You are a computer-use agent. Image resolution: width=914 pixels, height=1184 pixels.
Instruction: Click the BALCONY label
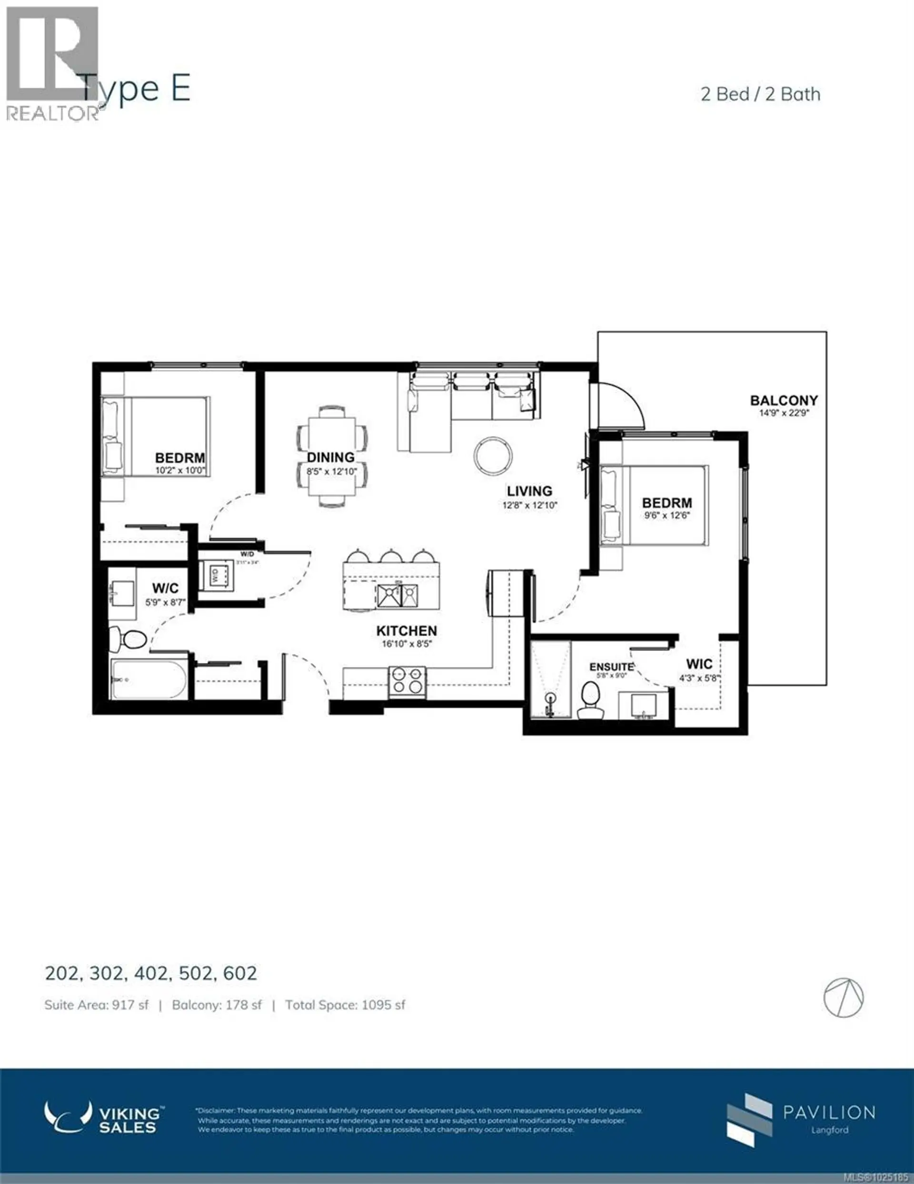(x=784, y=401)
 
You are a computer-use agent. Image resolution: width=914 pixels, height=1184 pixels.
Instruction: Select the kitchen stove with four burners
(x=407, y=681)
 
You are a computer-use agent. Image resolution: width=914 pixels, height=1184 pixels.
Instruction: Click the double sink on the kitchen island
(x=397, y=595)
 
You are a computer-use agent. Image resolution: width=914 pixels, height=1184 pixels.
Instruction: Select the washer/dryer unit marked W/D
(x=217, y=576)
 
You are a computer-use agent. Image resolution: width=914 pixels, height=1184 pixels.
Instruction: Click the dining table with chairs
(x=332, y=456)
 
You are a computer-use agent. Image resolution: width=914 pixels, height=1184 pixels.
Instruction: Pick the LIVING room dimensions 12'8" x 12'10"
(x=529, y=505)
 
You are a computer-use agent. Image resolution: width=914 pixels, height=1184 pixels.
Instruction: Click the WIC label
(x=699, y=664)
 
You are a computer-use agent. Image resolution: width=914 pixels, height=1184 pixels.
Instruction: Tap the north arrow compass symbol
(x=843, y=998)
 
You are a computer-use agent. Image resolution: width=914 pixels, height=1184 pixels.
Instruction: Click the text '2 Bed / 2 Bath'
(x=760, y=94)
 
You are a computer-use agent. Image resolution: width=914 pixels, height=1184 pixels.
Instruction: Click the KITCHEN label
(x=407, y=630)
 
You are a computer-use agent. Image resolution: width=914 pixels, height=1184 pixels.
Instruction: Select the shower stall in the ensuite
(x=550, y=680)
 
